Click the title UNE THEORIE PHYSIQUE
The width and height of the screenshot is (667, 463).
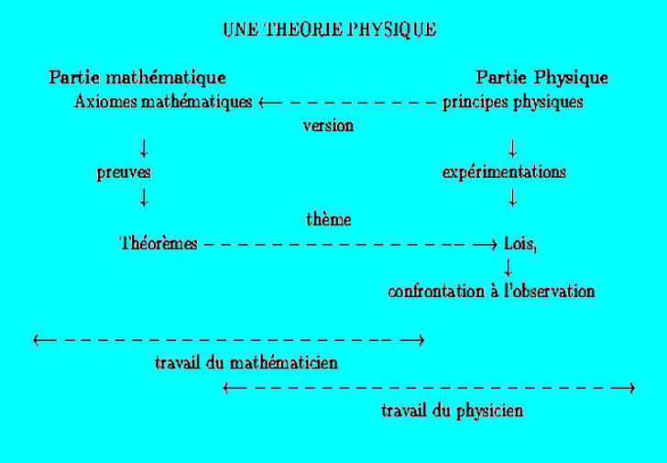(x=329, y=29)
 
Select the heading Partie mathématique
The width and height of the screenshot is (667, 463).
(x=137, y=77)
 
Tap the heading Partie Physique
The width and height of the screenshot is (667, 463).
(x=541, y=77)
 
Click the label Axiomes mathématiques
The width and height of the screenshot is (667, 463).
(x=162, y=102)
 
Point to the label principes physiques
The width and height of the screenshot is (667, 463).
(x=512, y=102)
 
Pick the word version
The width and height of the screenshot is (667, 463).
(x=328, y=126)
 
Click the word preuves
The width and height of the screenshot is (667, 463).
(x=124, y=172)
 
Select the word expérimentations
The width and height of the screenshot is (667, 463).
(x=504, y=172)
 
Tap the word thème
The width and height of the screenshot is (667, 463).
(x=328, y=220)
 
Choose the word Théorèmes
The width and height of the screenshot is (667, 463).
(x=159, y=244)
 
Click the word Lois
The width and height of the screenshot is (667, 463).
(x=519, y=244)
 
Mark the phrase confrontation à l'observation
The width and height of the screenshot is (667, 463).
(x=491, y=292)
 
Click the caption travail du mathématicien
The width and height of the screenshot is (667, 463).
(x=246, y=362)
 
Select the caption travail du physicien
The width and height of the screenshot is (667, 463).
(x=452, y=411)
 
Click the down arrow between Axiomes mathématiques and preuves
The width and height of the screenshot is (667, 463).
(x=144, y=149)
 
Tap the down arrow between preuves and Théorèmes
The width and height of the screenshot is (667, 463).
(x=144, y=196)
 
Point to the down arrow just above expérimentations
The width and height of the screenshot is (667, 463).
(x=512, y=149)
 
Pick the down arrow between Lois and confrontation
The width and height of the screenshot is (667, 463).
(x=508, y=268)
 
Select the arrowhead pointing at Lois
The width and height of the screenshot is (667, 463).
(x=490, y=244)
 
